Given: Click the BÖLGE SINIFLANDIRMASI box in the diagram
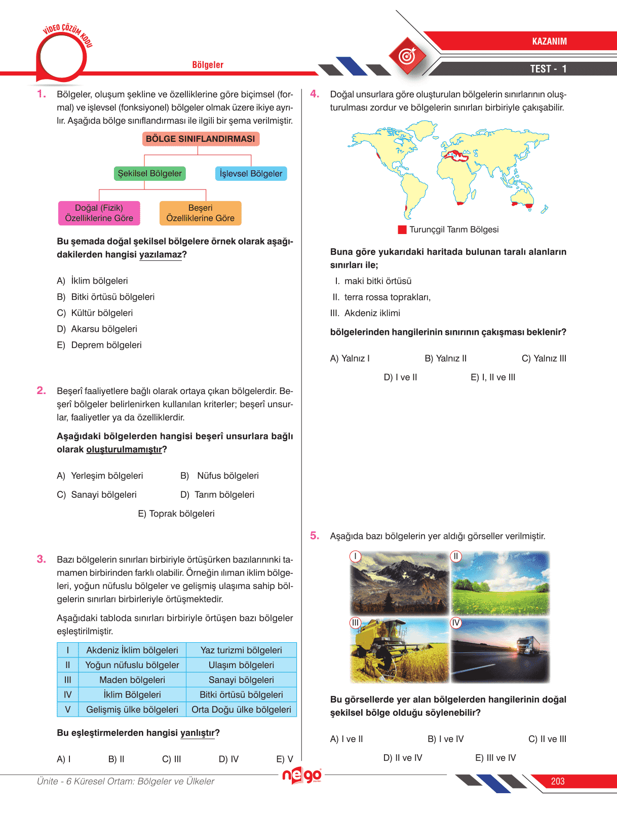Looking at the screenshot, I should pos(201,139).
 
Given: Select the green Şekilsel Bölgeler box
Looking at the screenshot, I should pos(149,173).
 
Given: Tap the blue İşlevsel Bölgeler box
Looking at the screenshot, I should pos(251,174).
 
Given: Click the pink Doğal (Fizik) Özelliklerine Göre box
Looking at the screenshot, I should pos(99,213).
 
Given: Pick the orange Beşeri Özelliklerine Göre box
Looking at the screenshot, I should pos(200,213).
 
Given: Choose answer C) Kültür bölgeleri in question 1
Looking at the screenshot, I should pos(95,313).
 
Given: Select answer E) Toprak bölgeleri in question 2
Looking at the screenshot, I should pos(176,514).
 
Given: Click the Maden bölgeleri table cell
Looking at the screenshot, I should pos(132,680).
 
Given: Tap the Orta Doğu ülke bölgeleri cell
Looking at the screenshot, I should pos(241,710).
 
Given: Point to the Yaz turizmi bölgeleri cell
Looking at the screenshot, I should pos(241,650).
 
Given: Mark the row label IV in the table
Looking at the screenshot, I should pos(67,695).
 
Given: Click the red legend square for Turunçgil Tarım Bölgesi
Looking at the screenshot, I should pos(402,230).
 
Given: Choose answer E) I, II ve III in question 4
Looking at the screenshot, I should pos(493,377).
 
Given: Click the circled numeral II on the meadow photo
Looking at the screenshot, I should pos(456,557).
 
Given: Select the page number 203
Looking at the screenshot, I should pos(558,782).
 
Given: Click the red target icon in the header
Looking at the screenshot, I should pos(408,56).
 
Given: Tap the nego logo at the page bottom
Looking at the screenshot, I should pos(302,775).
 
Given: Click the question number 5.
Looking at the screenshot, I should pos(315,536).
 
